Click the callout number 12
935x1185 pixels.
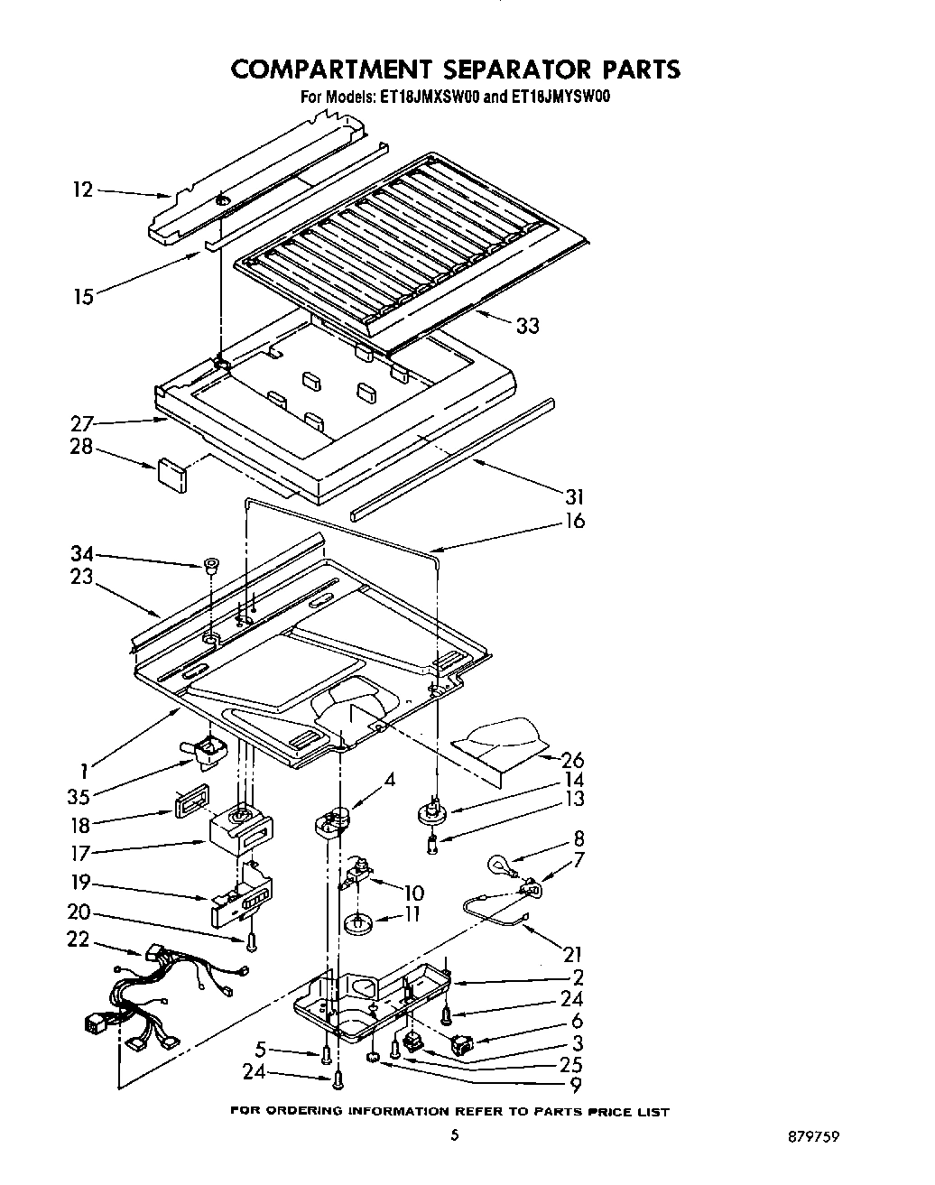click(82, 190)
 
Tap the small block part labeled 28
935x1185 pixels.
click(171, 475)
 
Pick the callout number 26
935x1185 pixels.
click(572, 760)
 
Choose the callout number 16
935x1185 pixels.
click(573, 521)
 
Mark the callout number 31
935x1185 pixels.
click(573, 496)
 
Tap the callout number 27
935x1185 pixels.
click(82, 421)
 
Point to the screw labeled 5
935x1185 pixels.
click(325, 1053)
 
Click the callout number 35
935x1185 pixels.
click(82, 797)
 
